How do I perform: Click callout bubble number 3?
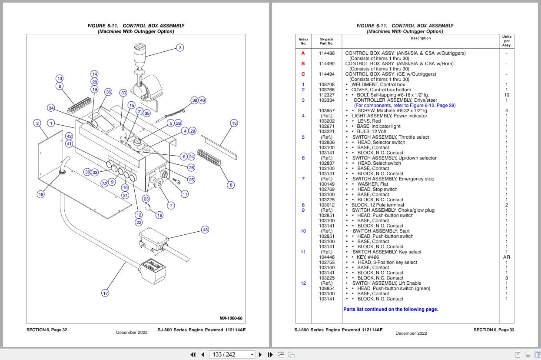tap(180, 47)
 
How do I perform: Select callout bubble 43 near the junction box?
tap(205, 230)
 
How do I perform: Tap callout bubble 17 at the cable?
tap(105, 293)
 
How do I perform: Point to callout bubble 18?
tap(40, 194)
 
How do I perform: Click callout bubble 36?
tap(109, 92)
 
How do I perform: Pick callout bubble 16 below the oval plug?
tap(159, 215)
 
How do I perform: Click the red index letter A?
tap(303, 53)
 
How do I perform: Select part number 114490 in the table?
tap(326, 63)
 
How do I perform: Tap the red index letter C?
tap(303, 74)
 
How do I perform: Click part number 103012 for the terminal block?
tap(326, 205)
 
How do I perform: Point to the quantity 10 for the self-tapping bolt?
tap(506, 95)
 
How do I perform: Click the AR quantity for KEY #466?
tap(506, 257)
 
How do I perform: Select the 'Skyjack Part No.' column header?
tap(326, 41)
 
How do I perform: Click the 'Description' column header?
tap(420, 38)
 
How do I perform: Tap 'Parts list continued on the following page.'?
tap(390, 309)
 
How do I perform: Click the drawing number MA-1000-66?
tap(231, 318)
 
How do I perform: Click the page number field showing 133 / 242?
tap(230, 354)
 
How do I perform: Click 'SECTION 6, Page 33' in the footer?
tap(494, 330)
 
